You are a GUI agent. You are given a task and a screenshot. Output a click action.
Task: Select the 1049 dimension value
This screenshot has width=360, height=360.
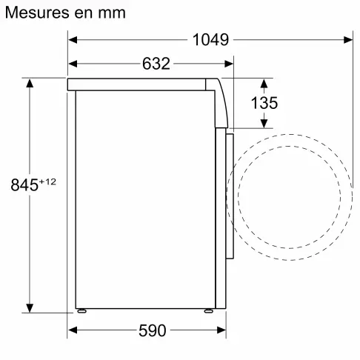coord(210,40)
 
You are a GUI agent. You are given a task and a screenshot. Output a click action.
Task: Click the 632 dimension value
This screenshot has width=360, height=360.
coord(156,64)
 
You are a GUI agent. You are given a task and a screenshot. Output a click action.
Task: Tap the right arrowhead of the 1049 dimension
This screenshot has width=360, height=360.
coord(348,40)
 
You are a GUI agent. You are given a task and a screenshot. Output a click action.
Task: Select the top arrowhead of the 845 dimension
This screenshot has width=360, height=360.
coord(30,83)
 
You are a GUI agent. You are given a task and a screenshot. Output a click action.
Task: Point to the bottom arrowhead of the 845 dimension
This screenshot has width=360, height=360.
coord(30,307)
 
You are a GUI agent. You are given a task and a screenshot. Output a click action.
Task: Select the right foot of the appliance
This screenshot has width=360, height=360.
coord(208,310)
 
